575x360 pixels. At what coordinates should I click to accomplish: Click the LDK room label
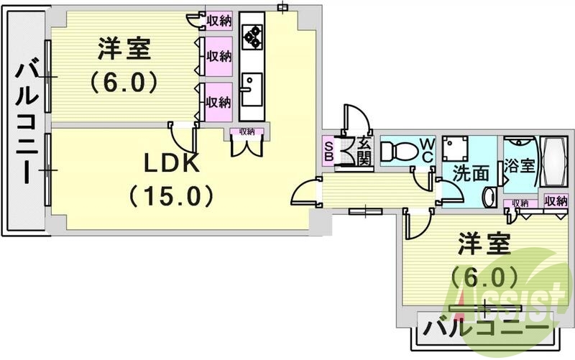pos(170,164)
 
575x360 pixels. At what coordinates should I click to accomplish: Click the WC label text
pos(427,150)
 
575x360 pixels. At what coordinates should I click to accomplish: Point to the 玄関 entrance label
pos(364,151)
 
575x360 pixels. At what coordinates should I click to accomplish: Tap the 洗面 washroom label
pos(471,172)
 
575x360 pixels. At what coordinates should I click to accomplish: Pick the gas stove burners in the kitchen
pos(252,36)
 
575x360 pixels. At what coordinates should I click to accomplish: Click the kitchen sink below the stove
pos(251,90)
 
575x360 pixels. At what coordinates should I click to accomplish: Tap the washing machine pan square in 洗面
pos(455,149)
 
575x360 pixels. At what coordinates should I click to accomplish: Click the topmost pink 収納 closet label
pos(218,21)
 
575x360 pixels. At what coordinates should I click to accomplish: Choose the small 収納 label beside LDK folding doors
pos(247,131)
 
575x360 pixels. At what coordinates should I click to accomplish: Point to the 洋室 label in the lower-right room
pos(484,244)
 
